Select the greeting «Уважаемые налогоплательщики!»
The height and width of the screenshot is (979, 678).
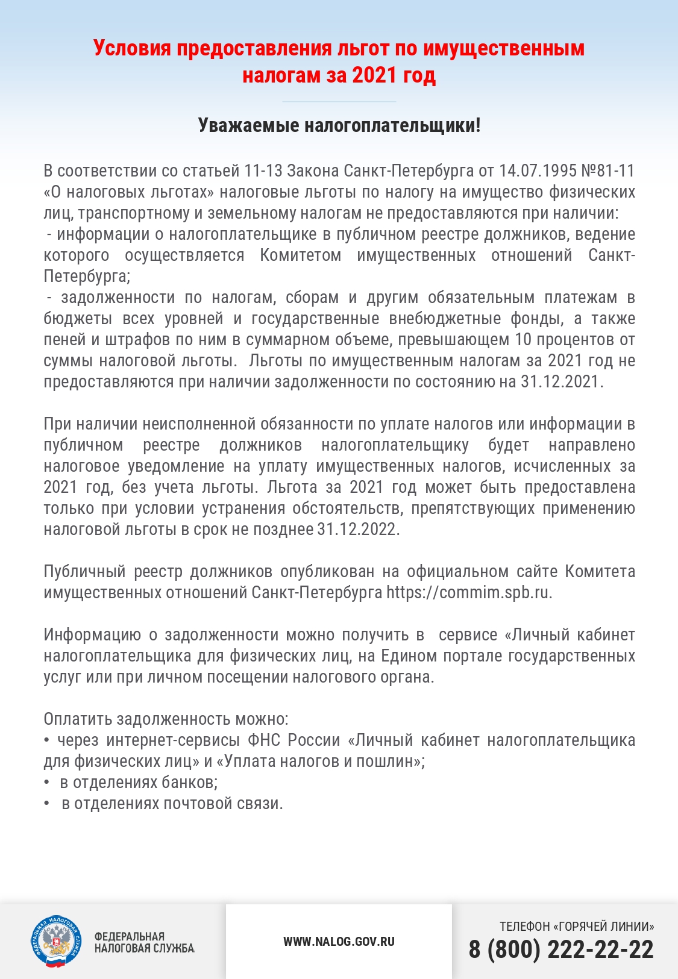pos(339,125)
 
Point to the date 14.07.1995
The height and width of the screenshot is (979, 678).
pos(538,171)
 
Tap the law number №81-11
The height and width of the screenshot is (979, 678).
pos(608,171)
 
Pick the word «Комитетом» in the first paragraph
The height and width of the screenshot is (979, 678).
pos(300,255)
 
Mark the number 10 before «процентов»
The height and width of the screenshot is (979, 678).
pos(523,340)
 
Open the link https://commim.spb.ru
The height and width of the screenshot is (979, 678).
pos(468,593)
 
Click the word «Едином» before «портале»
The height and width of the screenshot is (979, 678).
pos(409,656)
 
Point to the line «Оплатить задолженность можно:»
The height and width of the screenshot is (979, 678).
pos(166,719)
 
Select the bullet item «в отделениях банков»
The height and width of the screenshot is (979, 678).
pos(139,783)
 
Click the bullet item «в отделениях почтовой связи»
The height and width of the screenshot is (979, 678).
pos(172,804)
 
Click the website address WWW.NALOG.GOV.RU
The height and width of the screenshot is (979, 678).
pos(339,942)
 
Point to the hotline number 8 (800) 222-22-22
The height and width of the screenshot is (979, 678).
pos(561,950)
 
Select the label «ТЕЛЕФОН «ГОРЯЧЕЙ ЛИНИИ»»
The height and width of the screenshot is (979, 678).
pos(577,927)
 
